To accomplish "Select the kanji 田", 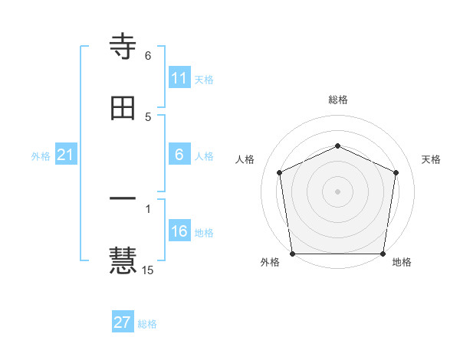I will [x=123, y=108].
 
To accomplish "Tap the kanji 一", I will [x=123, y=198].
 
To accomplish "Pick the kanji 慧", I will [x=123, y=259].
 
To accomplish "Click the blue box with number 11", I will [x=179, y=78].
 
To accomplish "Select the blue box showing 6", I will [x=179, y=155].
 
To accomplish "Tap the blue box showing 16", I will [x=179, y=231].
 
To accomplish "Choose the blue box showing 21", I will [x=65, y=155].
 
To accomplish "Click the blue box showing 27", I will [x=123, y=322].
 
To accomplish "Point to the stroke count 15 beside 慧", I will [x=149, y=270].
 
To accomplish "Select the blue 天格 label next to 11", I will [x=204, y=80].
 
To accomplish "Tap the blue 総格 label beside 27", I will [x=147, y=324].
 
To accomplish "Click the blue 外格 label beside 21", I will [x=41, y=156].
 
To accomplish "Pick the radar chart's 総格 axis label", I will [x=338, y=100].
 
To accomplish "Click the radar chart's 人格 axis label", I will [x=245, y=159].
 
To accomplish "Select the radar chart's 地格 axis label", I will [x=402, y=262].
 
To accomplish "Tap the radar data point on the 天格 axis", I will [x=396, y=172].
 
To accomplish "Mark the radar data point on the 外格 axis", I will [x=292, y=254].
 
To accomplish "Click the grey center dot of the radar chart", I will [x=337, y=191].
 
